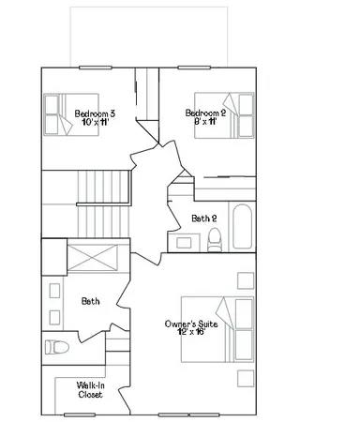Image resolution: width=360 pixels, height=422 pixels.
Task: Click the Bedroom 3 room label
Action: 95,113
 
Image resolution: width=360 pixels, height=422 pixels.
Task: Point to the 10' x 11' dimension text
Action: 95,123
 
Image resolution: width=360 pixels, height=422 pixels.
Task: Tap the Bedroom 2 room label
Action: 202,113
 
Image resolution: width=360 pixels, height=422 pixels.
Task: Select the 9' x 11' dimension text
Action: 202,123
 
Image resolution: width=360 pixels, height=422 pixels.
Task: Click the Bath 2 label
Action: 203,219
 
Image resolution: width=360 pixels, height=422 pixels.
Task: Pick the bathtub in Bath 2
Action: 241,226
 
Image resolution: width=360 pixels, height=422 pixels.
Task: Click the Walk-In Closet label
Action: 91,389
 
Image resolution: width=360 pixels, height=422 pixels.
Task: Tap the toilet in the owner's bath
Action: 58,347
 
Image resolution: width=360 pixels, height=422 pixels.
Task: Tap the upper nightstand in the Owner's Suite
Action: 245,280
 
